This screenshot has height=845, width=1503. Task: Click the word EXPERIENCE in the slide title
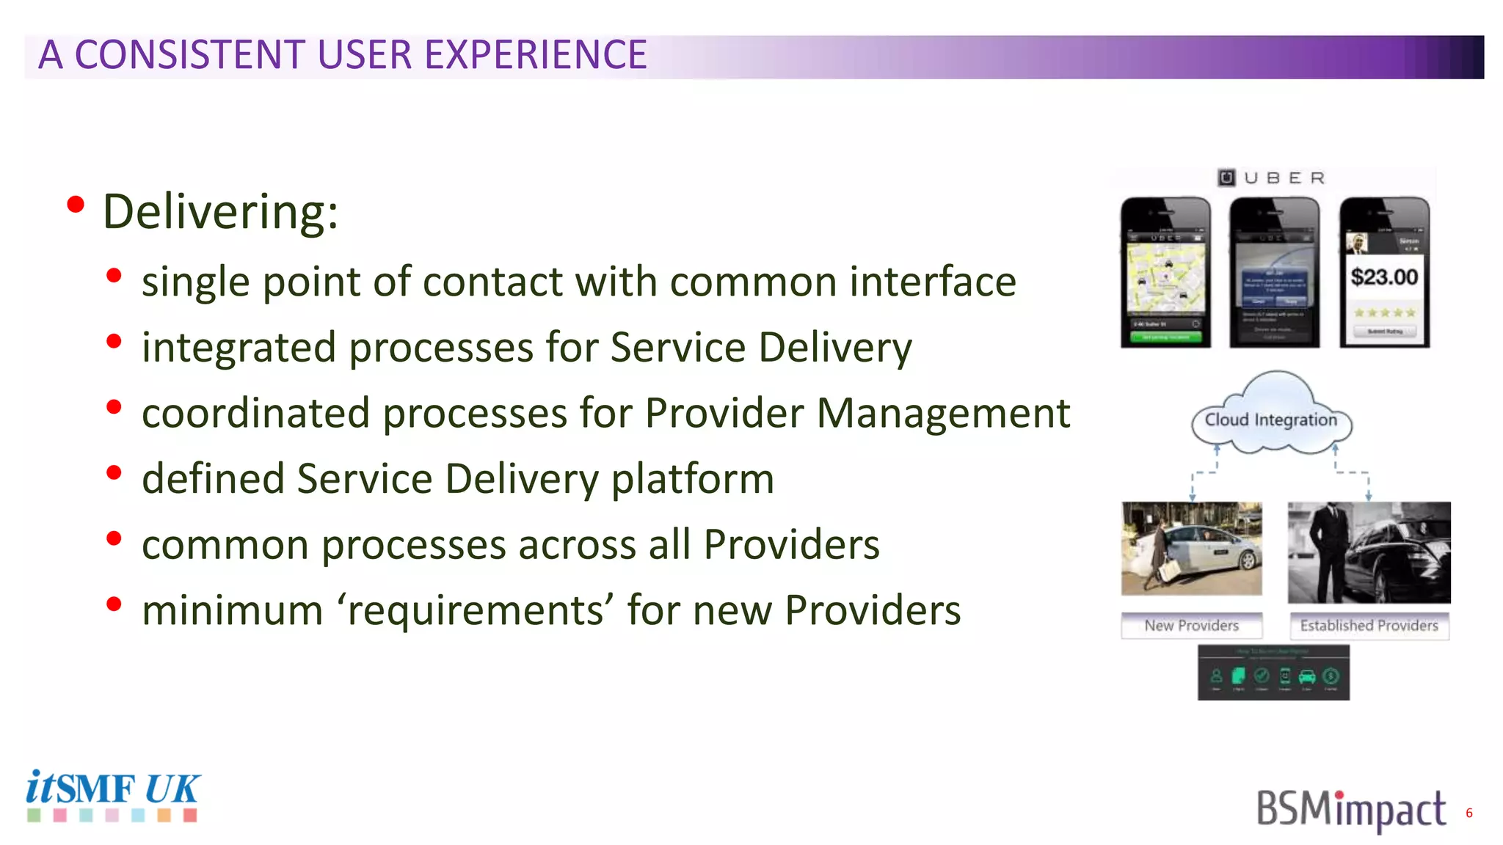tap(536, 55)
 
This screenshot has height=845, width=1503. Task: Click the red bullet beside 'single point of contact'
tap(114, 276)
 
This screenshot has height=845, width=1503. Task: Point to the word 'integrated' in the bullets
tap(239, 348)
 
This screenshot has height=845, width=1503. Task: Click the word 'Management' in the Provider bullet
tap(943, 413)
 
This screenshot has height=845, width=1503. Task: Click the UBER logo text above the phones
tap(1273, 178)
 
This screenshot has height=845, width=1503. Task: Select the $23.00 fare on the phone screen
tap(1384, 277)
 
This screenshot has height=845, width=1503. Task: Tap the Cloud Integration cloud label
tap(1271, 420)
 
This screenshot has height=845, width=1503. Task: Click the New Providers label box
tap(1192, 626)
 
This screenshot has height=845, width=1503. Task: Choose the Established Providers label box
tap(1369, 626)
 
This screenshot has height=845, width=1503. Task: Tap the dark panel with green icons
tap(1273, 673)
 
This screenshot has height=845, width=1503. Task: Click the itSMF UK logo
tap(112, 794)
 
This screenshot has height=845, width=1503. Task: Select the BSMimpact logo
tap(1350, 810)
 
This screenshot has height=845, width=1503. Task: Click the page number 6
tap(1469, 813)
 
